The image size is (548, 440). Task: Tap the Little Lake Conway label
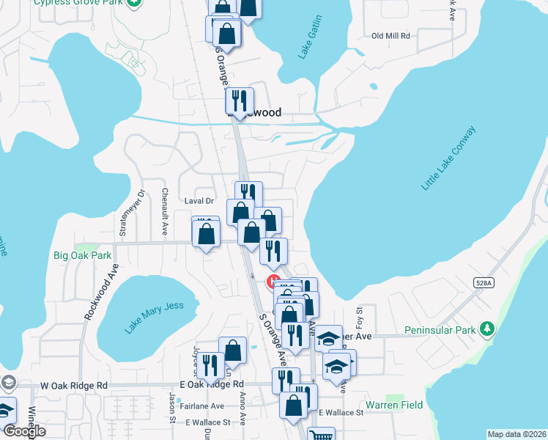[448, 158]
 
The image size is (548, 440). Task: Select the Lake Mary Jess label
[154, 317]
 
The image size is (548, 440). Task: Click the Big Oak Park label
[83, 256]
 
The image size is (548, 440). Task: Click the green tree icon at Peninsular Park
[486, 331]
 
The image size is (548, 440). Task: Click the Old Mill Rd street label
[390, 35]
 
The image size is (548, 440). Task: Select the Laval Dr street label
[199, 200]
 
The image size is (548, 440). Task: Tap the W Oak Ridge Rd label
[74, 385]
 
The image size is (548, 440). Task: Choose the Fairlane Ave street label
[202, 406]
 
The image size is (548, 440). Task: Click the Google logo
[23, 431]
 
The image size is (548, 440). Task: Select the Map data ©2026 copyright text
[516, 434]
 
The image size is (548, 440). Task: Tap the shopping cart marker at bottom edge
[320, 435]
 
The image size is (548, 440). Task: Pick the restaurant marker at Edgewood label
[240, 100]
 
